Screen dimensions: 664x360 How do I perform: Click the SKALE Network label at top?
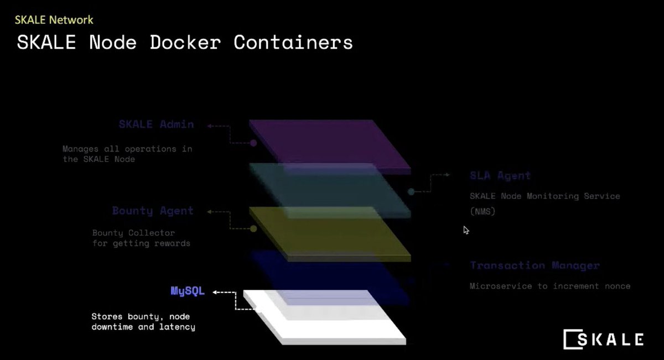tap(54, 20)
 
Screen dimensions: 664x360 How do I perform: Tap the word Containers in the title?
tap(293, 43)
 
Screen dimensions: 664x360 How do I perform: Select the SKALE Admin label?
tap(157, 124)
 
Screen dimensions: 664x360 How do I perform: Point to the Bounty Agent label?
tap(153, 211)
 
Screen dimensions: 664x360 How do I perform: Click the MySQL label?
tap(188, 291)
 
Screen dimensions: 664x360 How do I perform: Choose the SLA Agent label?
tap(500, 176)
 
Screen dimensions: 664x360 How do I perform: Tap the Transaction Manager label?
tap(535, 265)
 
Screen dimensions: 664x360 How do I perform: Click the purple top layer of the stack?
tap(330, 145)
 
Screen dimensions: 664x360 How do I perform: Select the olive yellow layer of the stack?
tap(330, 232)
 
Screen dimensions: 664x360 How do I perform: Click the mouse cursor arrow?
tap(466, 229)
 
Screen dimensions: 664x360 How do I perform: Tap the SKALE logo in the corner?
tap(603, 339)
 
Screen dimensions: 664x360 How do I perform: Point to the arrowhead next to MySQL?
tap(216, 291)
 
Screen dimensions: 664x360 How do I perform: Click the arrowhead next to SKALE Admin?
tap(210, 126)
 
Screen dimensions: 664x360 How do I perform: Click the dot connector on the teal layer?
tap(411, 192)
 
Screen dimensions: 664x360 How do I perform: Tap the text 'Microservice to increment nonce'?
tap(550, 286)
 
